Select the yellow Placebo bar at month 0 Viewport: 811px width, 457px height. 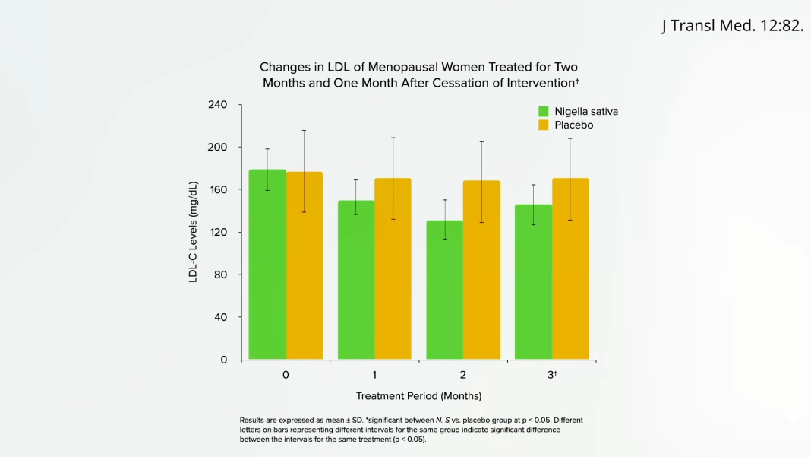point(305,265)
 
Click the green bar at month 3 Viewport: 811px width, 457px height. point(533,281)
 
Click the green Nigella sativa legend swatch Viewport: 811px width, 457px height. point(544,111)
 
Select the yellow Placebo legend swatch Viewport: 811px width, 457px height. point(544,125)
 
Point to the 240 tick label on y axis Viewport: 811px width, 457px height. point(218,104)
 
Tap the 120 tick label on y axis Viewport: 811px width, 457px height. point(218,232)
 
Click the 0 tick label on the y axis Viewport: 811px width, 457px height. point(224,360)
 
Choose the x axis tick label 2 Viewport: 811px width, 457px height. point(462,375)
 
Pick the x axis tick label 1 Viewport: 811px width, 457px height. point(374,375)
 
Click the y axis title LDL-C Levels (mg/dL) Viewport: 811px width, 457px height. point(193,232)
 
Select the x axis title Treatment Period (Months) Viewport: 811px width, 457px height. point(418,396)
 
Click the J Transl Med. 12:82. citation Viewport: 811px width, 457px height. point(731,26)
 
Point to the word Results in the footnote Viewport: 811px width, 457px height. point(251,420)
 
